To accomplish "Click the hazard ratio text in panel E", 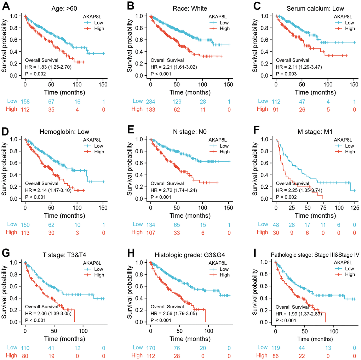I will point(174,190).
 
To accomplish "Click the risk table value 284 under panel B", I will point(151,102).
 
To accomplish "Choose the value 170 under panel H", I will point(151,348).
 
